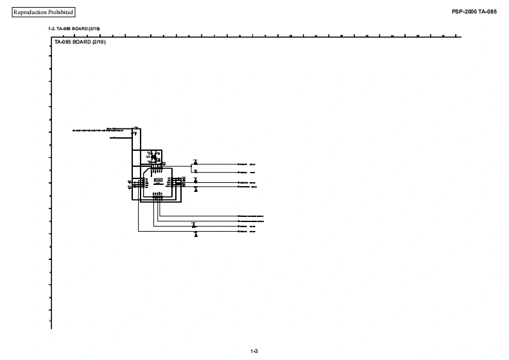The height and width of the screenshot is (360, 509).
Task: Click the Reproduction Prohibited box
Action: tap(44, 12)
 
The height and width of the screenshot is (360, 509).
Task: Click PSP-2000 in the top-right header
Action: tap(464, 12)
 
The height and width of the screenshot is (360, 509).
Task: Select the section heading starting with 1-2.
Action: tap(74, 29)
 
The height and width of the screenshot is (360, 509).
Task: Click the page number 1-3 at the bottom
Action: tap(254, 350)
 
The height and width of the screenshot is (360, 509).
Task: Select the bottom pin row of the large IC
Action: tap(157, 195)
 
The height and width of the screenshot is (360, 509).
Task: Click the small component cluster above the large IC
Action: tap(153, 156)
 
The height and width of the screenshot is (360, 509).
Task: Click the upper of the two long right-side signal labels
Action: tap(251, 216)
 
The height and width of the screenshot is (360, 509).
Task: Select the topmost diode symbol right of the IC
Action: tap(196, 161)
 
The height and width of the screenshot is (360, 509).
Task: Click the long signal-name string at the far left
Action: tap(89, 130)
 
